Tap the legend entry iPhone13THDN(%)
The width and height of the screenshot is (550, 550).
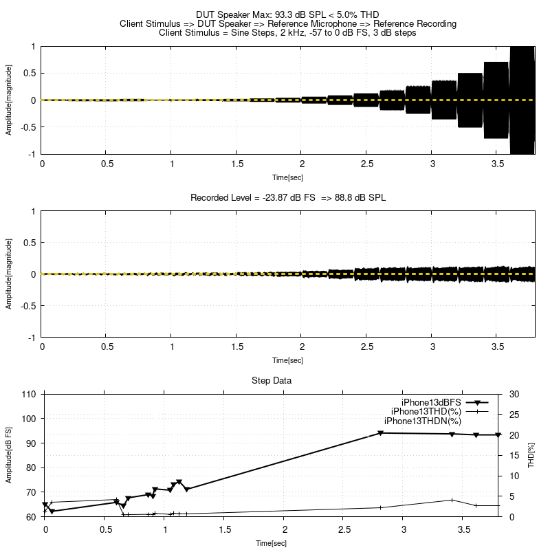click(422, 421)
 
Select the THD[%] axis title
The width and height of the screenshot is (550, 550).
click(531, 455)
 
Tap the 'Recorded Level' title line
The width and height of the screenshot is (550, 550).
click(287, 197)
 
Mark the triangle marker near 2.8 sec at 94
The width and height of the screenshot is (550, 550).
click(380, 433)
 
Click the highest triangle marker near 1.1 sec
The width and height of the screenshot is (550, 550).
click(179, 482)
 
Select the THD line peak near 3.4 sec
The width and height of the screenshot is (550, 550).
click(452, 500)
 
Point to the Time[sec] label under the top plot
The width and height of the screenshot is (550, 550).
click(287, 177)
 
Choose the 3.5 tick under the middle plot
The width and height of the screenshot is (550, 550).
click(497, 347)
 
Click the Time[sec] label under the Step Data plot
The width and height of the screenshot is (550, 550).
click(271, 543)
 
